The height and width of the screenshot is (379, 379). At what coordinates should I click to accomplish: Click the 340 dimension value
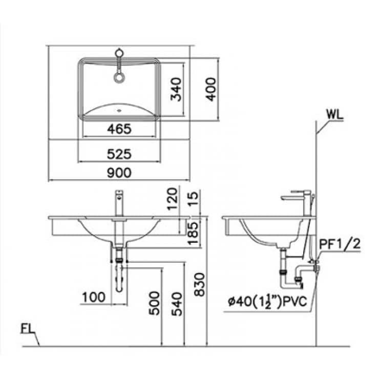click(176, 89)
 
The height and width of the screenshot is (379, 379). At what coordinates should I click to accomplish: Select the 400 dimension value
click(211, 89)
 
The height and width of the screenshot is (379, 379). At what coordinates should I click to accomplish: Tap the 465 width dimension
click(119, 129)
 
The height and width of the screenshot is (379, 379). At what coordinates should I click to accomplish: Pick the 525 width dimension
click(119, 154)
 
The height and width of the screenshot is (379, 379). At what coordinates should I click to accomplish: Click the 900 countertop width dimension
click(119, 173)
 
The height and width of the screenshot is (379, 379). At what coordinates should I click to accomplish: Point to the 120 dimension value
click(173, 199)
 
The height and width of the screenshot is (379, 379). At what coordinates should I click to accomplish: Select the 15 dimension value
click(193, 199)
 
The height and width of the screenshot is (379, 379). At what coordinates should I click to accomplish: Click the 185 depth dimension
click(193, 233)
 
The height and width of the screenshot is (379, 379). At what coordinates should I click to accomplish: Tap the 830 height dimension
click(199, 284)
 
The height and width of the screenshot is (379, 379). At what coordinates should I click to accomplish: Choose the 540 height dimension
click(177, 304)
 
